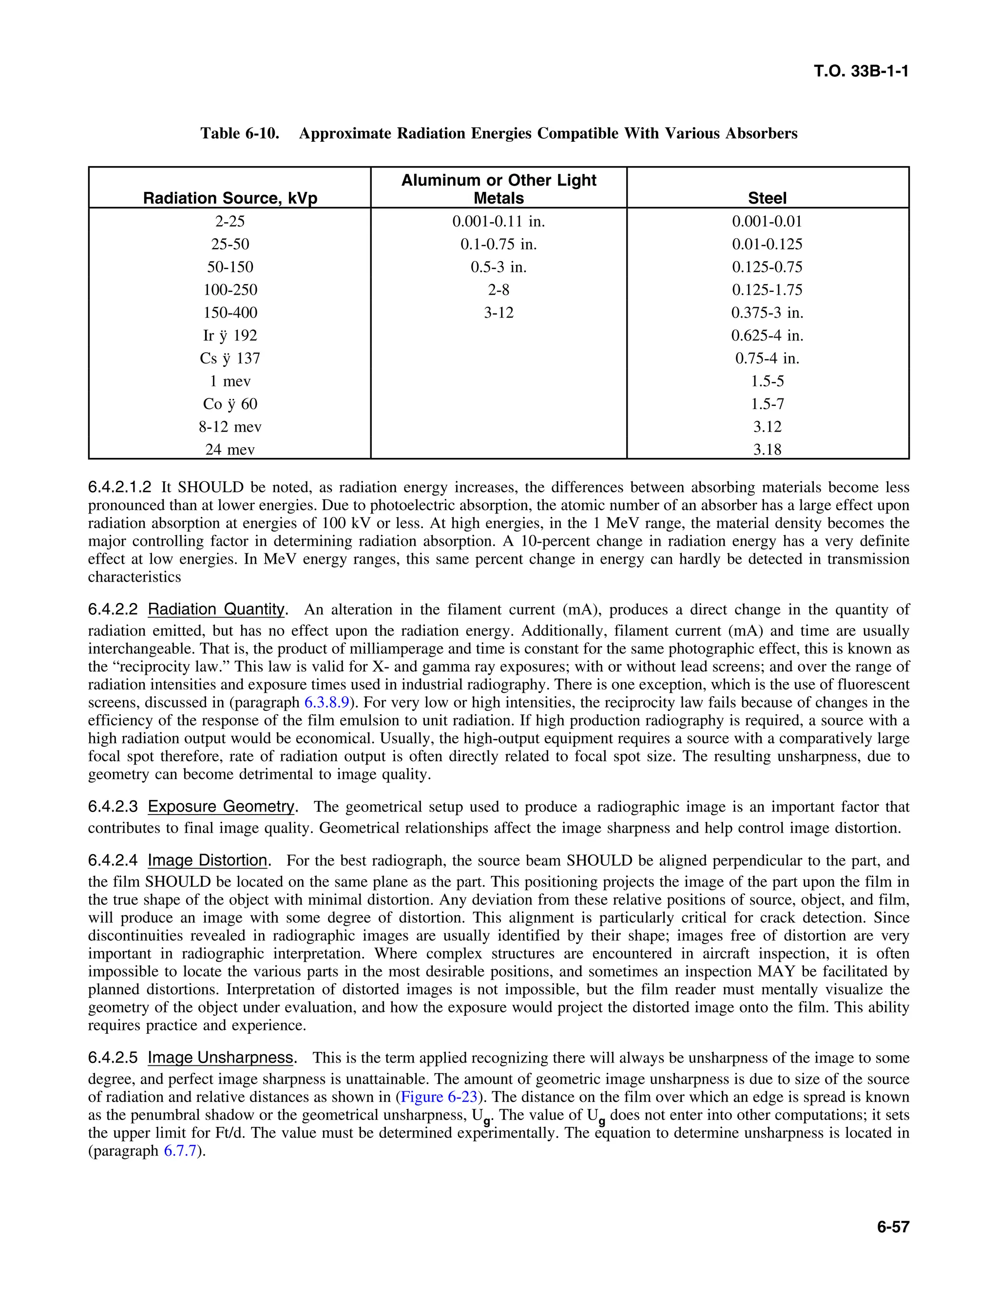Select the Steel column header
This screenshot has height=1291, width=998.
pyautogui.click(x=767, y=197)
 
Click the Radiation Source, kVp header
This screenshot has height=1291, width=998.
pyautogui.click(x=230, y=197)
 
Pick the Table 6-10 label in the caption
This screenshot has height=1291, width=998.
pyautogui.click(x=239, y=133)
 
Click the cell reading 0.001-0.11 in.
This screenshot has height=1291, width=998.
pyautogui.click(x=499, y=222)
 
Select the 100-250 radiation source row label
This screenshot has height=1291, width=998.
pyautogui.click(x=230, y=290)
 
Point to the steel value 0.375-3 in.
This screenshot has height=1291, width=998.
pyautogui.click(x=767, y=313)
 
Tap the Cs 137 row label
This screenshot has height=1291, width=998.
pyautogui.click(x=230, y=358)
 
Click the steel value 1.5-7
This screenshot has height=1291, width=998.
pyautogui.click(x=767, y=404)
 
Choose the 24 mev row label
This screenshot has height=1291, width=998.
pyautogui.click(x=230, y=450)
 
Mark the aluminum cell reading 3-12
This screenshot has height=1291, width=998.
pyautogui.click(x=499, y=313)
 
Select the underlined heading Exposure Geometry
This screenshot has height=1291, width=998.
pyautogui.click(x=221, y=807)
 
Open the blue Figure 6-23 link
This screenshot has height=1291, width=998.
pyautogui.click(x=439, y=1097)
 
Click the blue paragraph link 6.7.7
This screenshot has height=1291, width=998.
pyautogui.click(x=179, y=1151)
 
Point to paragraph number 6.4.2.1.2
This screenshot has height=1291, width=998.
pyautogui.click(x=119, y=488)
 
